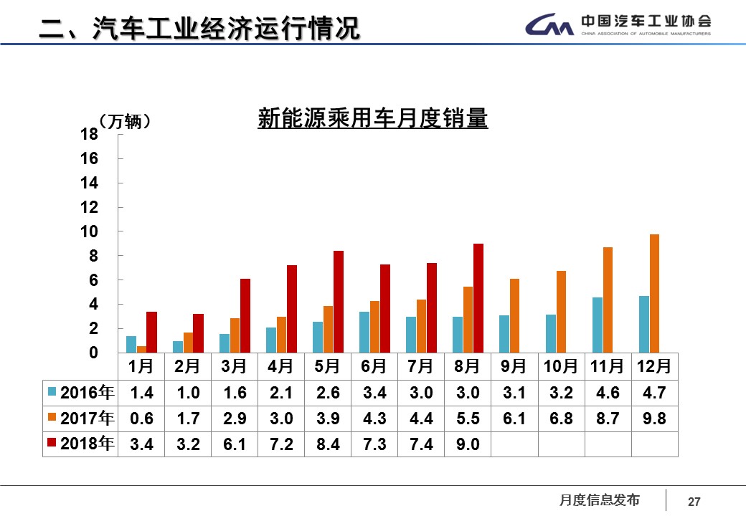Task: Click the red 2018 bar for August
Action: pyautogui.click(x=478, y=298)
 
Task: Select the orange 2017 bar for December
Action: pyautogui.click(x=654, y=294)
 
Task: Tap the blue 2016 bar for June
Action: pyautogui.click(x=364, y=333)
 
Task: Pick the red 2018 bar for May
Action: pyautogui.click(x=339, y=302)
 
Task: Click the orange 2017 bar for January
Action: pyautogui.click(x=142, y=350)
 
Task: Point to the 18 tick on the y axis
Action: pyautogui.click(x=89, y=134)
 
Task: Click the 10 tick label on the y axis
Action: pyautogui.click(x=89, y=231)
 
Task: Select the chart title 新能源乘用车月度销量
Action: pyautogui.click(x=372, y=118)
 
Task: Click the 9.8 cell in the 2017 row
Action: pyautogui.click(x=654, y=419)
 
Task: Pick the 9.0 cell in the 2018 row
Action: pyautogui.click(x=468, y=445)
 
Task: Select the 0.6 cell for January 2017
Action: pyautogui.click(x=141, y=419)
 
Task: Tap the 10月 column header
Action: pyautogui.click(x=561, y=366)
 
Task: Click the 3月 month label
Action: pyautogui.click(x=235, y=366)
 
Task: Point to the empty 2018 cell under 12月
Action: pyautogui.click(x=654, y=445)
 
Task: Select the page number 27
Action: pyautogui.click(x=694, y=502)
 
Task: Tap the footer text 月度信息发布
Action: pyautogui.click(x=599, y=500)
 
